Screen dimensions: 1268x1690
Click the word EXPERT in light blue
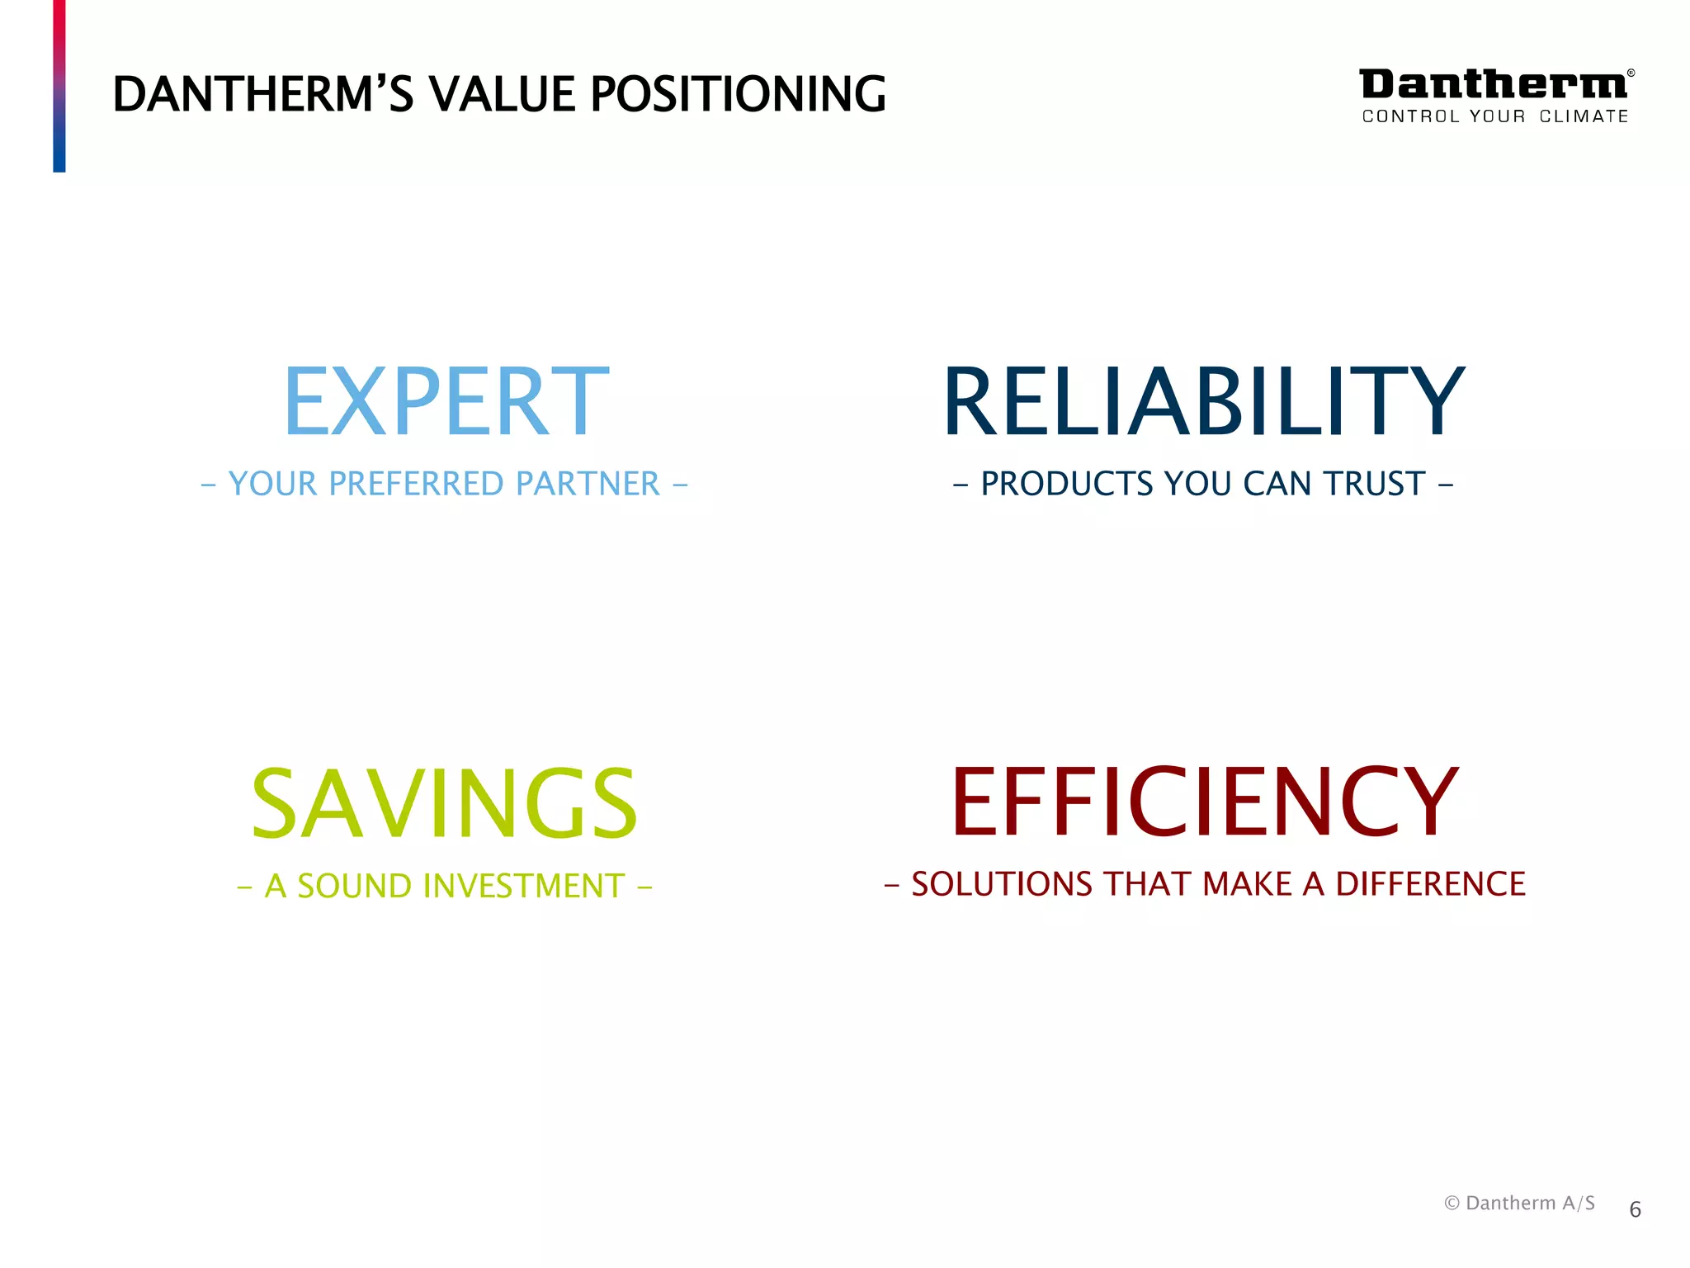click(x=446, y=401)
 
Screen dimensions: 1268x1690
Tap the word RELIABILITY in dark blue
click(x=1203, y=401)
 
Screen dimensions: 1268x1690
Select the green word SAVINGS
click(x=444, y=803)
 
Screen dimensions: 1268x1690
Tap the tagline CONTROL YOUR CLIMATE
click(x=1495, y=116)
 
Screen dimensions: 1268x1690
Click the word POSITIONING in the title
click(x=738, y=94)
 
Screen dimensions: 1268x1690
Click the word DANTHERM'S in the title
click(x=262, y=94)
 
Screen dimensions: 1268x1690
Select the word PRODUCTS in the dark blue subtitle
click(x=1066, y=484)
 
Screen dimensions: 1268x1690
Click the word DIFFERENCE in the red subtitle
click(x=1430, y=884)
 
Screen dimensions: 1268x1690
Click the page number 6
click(x=1635, y=1210)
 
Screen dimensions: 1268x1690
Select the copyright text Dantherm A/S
click(x=1520, y=1203)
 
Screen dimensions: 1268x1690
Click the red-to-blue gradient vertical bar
click(x=59, y=86)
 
